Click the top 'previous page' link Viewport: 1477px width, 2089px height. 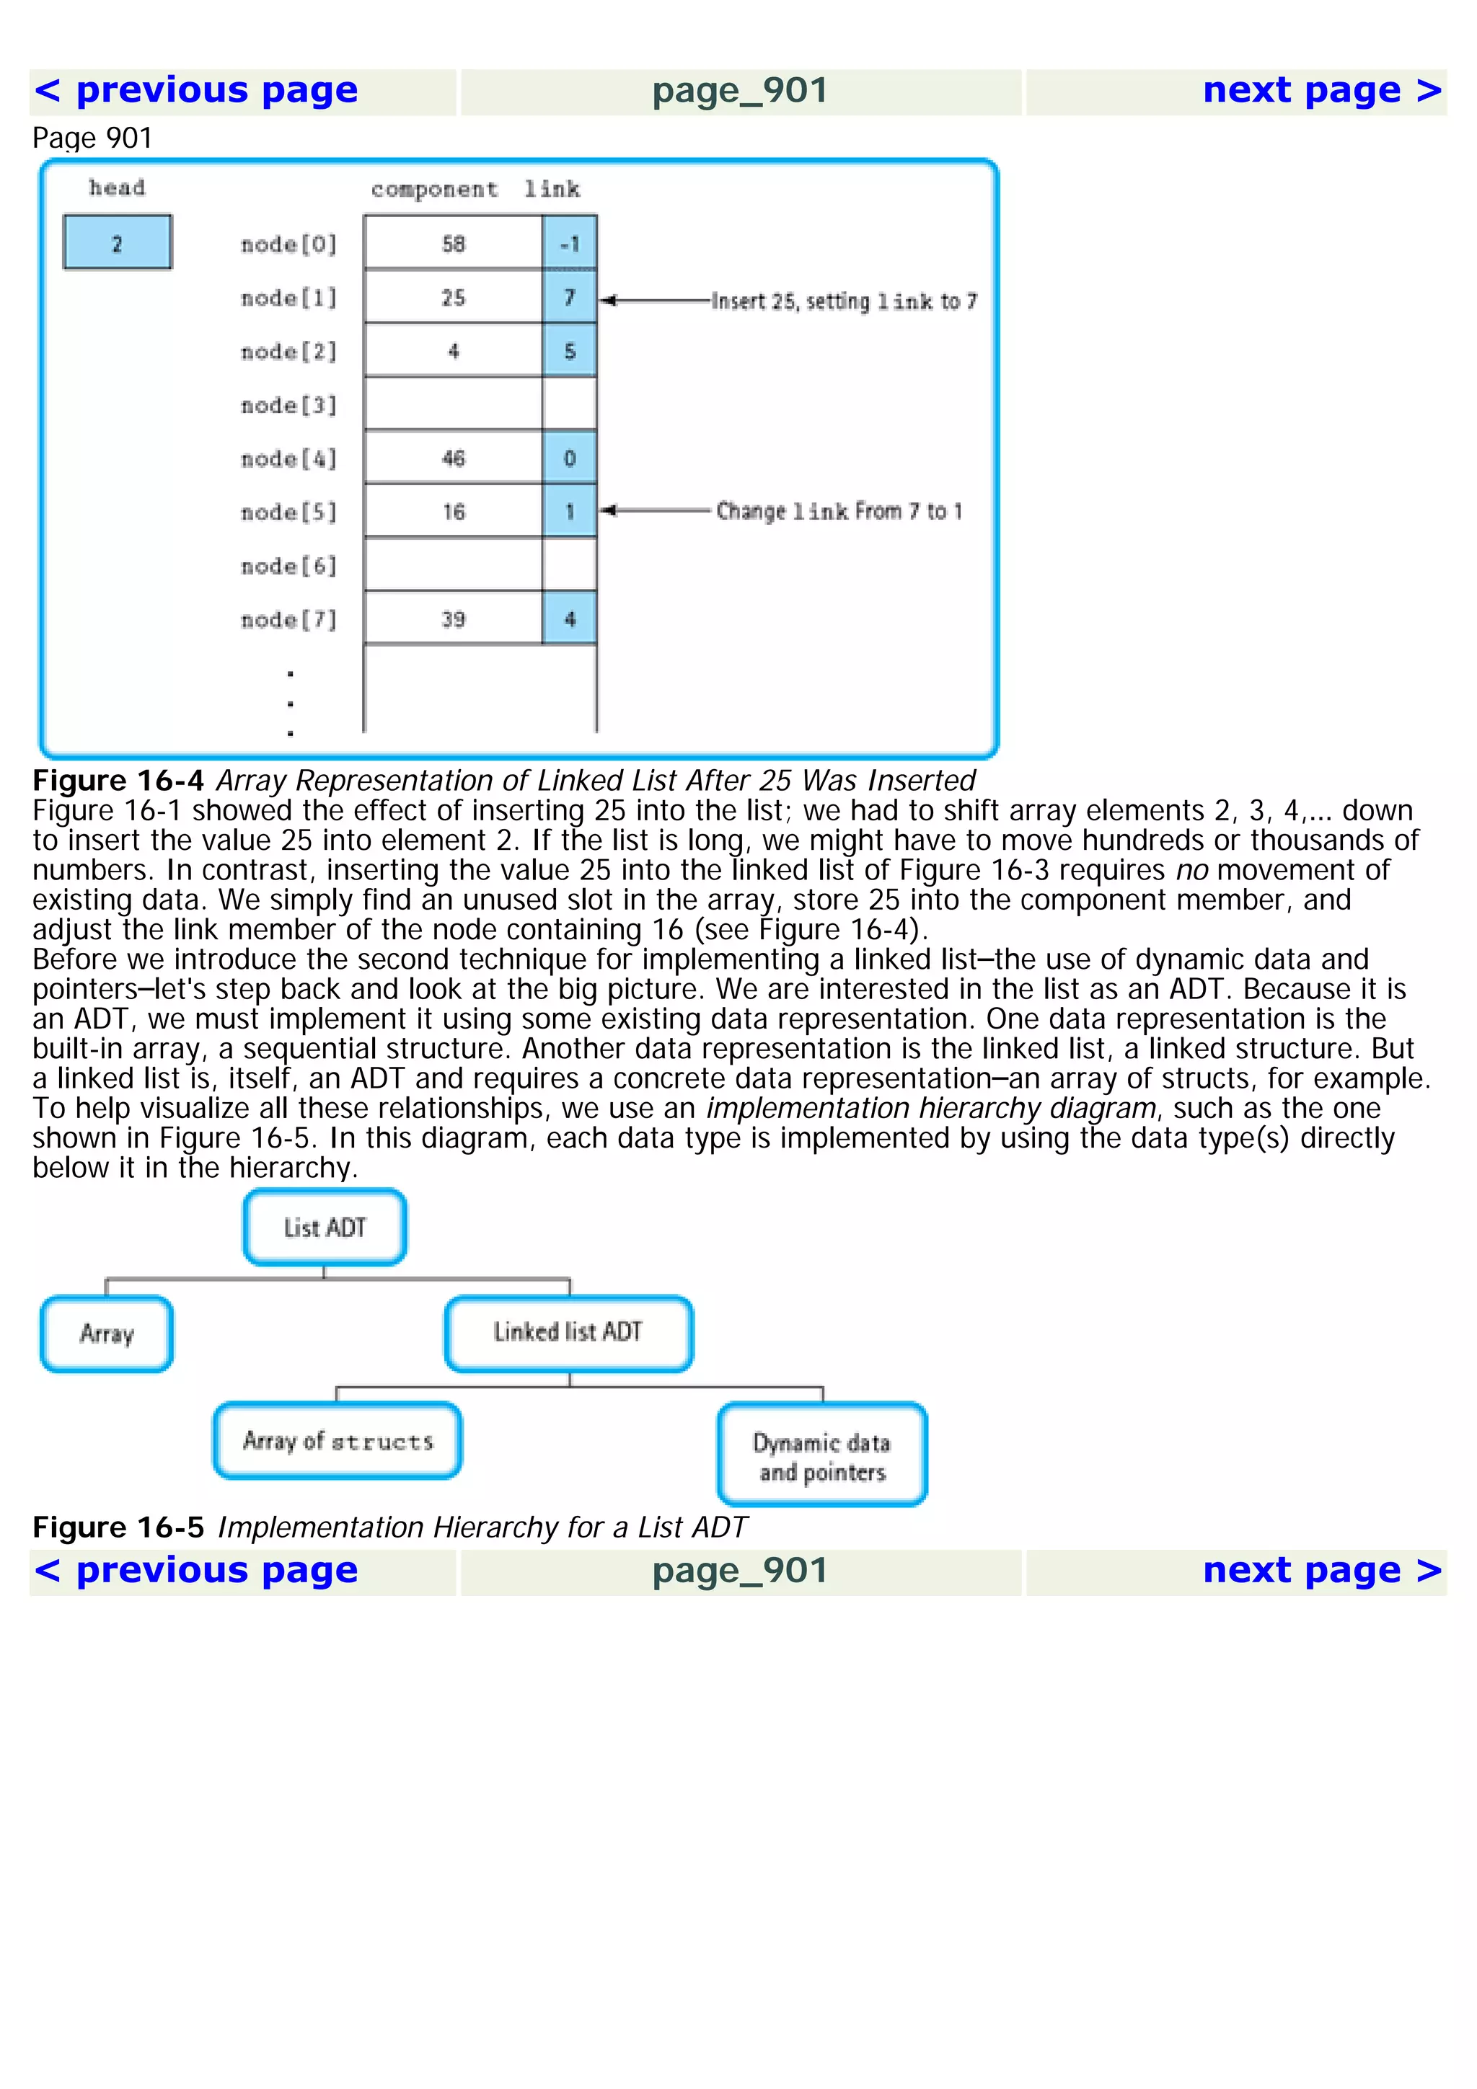195,90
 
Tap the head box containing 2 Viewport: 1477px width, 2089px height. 118,243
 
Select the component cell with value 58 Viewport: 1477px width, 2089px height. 453,243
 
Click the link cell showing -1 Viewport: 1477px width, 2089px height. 570,243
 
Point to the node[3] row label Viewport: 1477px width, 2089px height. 288,405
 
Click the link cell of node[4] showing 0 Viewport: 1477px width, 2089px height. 570,458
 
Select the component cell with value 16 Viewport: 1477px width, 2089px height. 453,511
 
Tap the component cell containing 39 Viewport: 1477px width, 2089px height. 453,618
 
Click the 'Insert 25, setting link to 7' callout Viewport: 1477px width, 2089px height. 844,301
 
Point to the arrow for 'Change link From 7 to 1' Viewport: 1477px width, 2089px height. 653,510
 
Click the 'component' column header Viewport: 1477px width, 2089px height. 434,190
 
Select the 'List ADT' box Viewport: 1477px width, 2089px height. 325,1228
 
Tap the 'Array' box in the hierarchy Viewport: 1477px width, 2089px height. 107,1334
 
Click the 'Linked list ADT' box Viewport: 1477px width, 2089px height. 569,1333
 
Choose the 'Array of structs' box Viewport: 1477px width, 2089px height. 338,1440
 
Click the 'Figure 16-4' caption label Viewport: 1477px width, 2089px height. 118,781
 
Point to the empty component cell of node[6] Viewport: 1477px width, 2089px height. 453,565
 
